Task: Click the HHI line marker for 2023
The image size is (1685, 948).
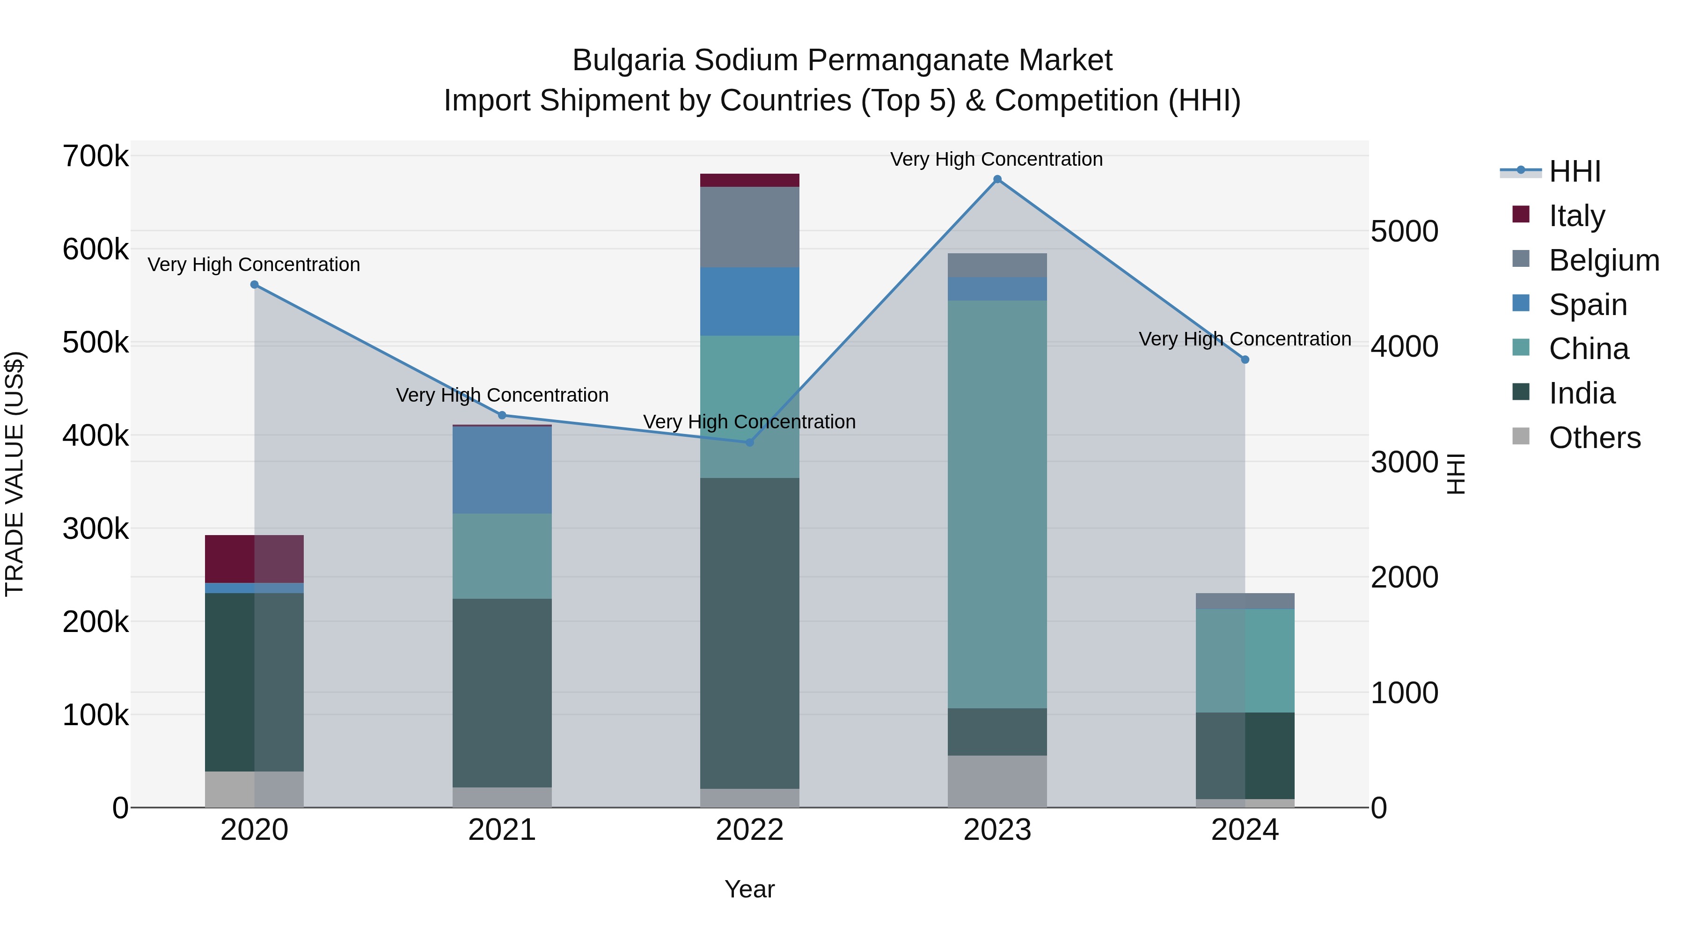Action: click(x=997, y=179)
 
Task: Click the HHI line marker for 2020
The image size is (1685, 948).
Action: click(x=255, y=285)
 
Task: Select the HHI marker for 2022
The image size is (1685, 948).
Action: click(x=750, y=442)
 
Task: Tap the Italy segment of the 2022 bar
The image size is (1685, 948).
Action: click(x=750, y=181)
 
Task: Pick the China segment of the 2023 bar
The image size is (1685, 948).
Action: click(x=997, y=504)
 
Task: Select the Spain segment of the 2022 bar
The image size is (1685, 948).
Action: click(x=750, y=301)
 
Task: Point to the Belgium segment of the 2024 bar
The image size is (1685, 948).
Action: click(x=1245, y=601)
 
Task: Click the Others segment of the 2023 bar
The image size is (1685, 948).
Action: click(x=997, y=781)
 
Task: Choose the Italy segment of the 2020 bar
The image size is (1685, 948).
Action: click(x=255, y=559)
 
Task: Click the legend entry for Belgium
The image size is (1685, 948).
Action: click(x=1604, y=260)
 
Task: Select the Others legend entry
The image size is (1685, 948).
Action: click(x=1594, y=438)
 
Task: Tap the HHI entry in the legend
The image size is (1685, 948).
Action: click(x=1575, y=171)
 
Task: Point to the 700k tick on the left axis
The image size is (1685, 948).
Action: click(x=95, y=157)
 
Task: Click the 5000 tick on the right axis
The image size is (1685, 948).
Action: click(x=1404, y=232)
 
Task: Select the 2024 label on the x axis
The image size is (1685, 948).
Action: click(x=1245, y=830)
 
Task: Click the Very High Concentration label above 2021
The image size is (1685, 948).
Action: click(x=502, y=395)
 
